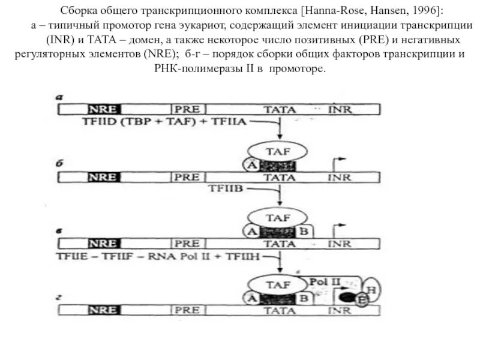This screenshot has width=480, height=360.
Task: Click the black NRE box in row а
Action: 104,109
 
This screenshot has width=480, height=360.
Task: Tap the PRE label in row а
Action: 187,109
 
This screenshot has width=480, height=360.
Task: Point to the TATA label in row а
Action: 280,109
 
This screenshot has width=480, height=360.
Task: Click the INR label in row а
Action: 340,109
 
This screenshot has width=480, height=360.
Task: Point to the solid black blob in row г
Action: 346,297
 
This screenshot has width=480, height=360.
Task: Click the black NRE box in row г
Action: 104,310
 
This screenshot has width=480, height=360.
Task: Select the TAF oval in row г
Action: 278,284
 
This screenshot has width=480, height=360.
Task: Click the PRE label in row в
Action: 187,244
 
